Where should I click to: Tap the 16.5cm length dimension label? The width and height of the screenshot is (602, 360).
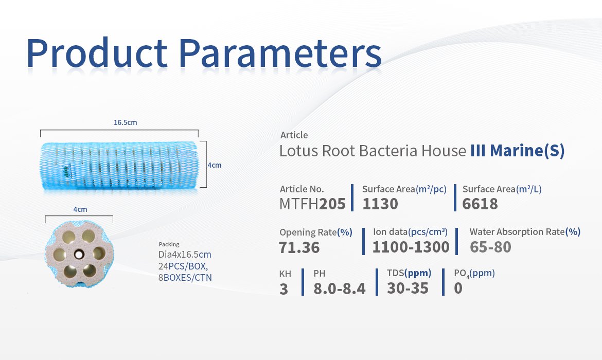[x=125, y=122]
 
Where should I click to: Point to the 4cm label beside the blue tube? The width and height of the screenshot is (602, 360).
[x=214, y=165]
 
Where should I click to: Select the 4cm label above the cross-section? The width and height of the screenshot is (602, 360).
[x=80, y=209]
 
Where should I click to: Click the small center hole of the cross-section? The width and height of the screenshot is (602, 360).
[x=79, y=254]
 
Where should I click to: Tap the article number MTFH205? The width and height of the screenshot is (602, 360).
[x=312, y=204]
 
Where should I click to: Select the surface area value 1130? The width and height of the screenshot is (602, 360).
[x=380, y=204]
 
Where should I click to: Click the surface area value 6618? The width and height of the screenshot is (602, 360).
[x=480, y=204]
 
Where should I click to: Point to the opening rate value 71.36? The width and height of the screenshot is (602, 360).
[x=299, y=247]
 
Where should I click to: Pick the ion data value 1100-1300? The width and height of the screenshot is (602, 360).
[x=411, y=247]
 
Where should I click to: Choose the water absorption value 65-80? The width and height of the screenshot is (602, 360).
[x=490, y=247]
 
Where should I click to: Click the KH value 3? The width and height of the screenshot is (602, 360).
[x=284, y=289]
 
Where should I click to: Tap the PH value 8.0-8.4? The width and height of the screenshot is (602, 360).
[x=340, y=289]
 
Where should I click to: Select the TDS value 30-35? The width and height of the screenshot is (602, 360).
[x=408, y=288]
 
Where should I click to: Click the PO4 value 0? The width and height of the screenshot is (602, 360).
[x=458, y=288]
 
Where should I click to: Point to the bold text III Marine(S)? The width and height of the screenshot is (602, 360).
[x=518, y=151]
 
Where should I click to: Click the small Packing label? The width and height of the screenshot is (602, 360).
[x=169, y=244]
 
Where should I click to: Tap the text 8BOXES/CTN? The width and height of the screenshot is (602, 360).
[x=185, y=278]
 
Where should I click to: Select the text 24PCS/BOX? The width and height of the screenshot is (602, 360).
[x=183, y=266]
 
